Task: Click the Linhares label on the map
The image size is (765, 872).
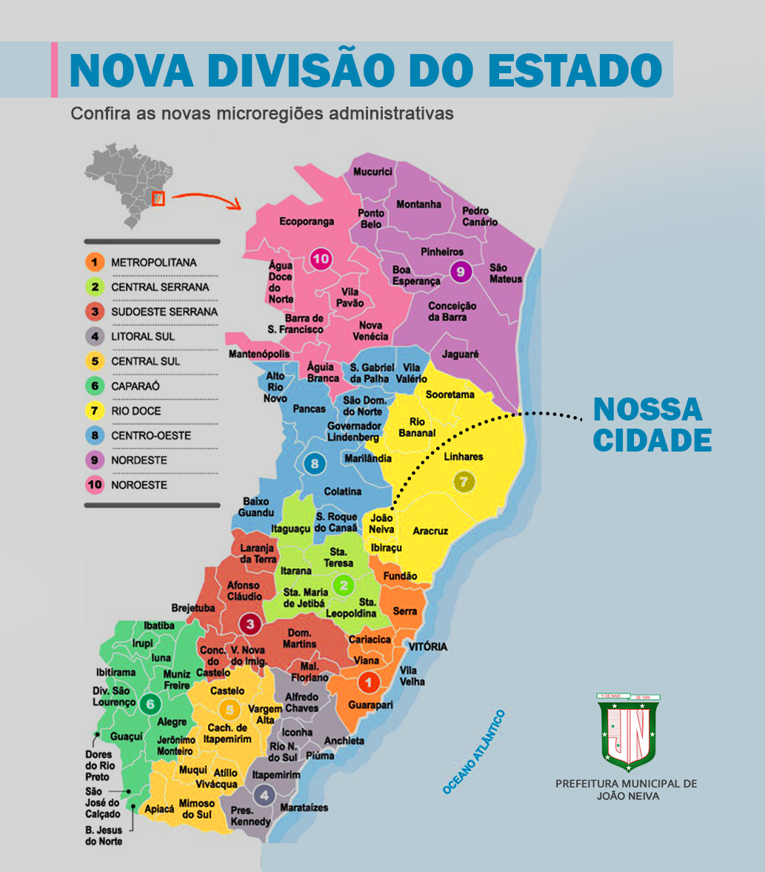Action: coord(464,457)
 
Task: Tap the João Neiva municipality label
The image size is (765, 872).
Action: coord(381,523)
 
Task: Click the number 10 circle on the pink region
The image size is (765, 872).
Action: coord(321,259)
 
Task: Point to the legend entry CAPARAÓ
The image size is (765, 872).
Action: coord(136,386)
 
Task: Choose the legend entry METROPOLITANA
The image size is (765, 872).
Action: coord(153,262)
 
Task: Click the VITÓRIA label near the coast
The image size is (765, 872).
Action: coord(428,646)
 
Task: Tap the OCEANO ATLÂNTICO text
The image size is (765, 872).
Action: coord(474,752)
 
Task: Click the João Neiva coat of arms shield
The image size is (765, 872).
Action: coord(628,734)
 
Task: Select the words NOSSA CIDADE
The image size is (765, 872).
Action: coord(652,424)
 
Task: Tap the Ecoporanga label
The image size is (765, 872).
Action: coord(307,221)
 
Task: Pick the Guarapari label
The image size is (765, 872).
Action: coord(370,705)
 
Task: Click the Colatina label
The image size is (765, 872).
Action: coord(343,492)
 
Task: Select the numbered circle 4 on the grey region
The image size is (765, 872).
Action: coord(264,796)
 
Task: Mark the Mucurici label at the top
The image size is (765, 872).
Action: coord(373,172)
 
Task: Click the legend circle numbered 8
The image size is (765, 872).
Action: coord(94,435)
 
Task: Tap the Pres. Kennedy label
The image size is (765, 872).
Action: coord(251,816)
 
